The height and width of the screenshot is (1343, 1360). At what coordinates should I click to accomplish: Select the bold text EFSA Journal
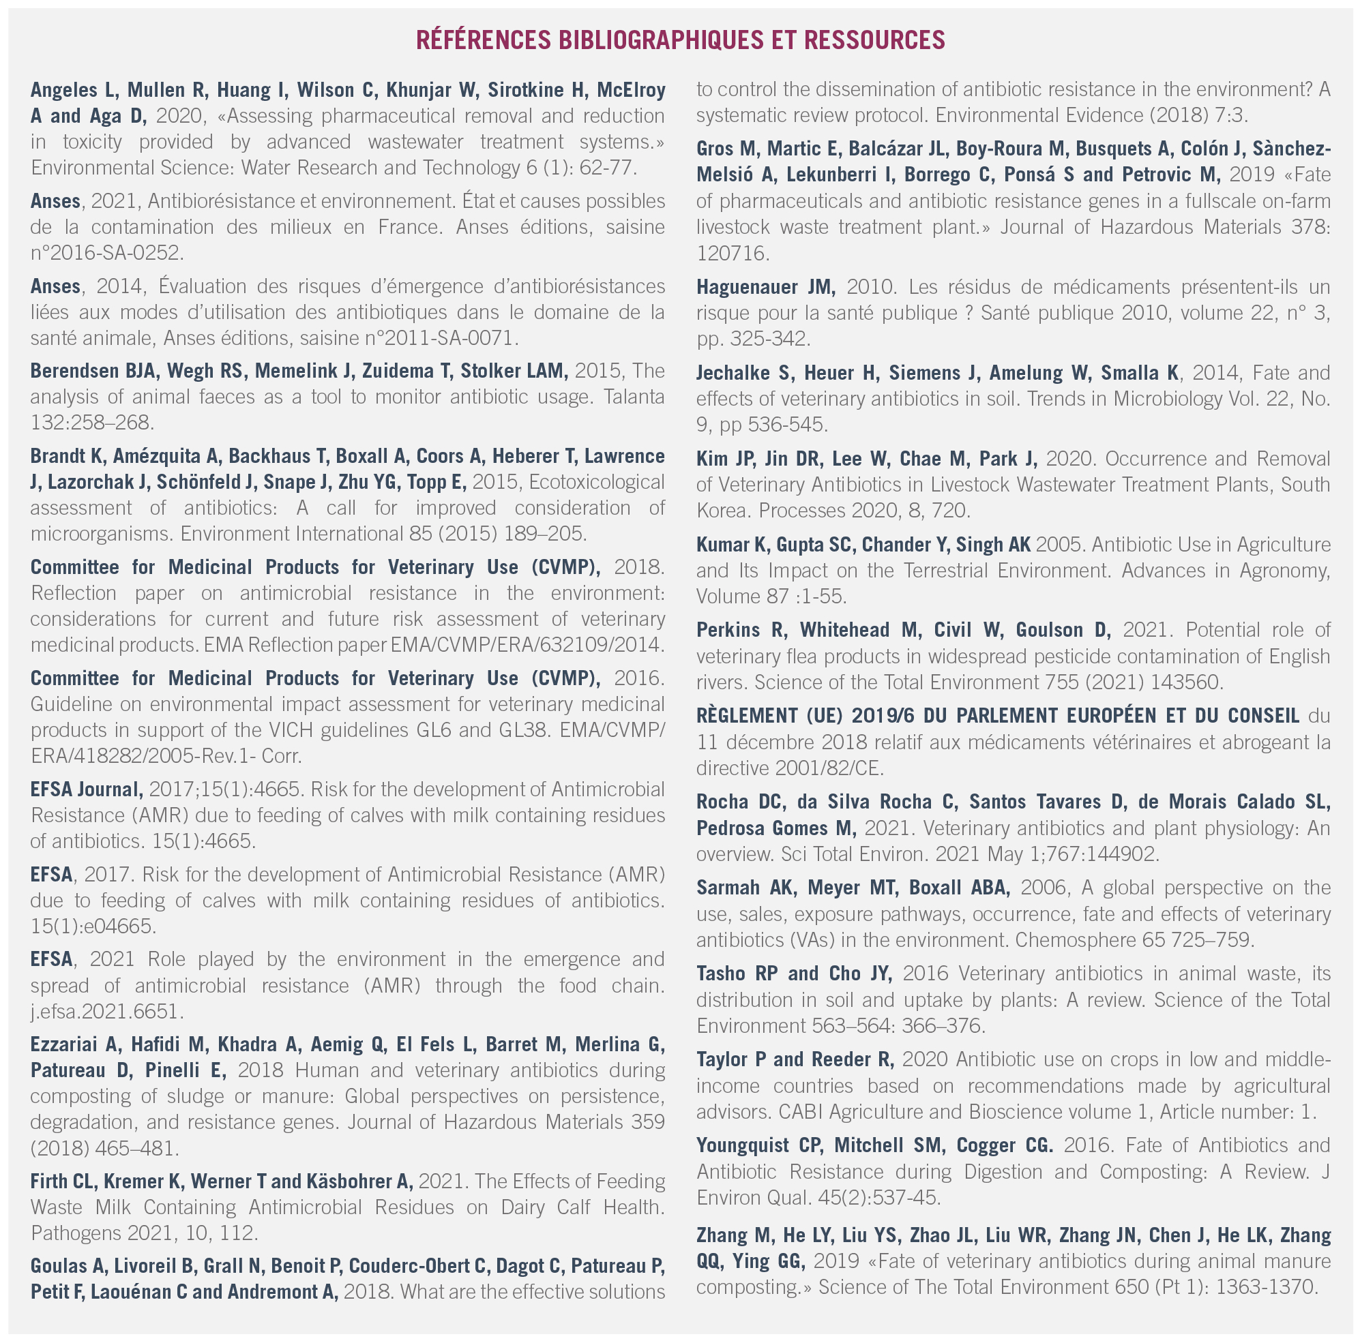pyautogui.click(x=86, y=789)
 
